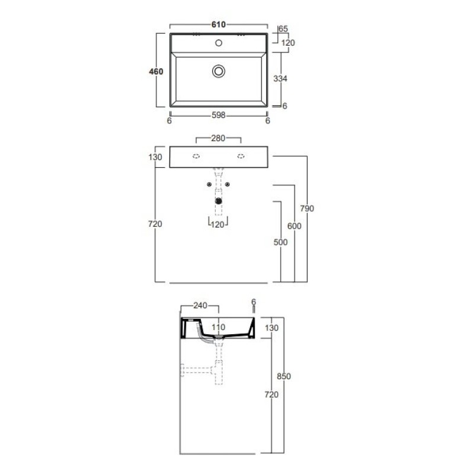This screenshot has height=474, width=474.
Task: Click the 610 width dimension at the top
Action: pyautogui.click(x=218, y=24)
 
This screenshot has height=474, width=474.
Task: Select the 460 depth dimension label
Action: pyautogui.click(x=156, y=72)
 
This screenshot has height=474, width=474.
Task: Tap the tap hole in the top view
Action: pyautogui.click(x=219, y=43)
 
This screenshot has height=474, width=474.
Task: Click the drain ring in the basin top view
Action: pyautogui.click(x=219, y=71)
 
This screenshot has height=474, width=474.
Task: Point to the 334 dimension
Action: pyautogui.click(x=280, y=79)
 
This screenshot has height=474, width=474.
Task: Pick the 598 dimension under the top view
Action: pyautogui.click(x=218, y=115)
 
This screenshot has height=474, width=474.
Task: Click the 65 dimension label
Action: pyautogui.click(x=283, y=28)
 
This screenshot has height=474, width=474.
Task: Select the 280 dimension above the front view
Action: pyautogui.click(x=218, y=138)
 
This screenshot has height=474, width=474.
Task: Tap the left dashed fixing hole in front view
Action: pyautogui.click(x=196, y=156)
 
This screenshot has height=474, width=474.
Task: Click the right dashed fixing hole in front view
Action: pyautogui.click(x=241, y=156)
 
